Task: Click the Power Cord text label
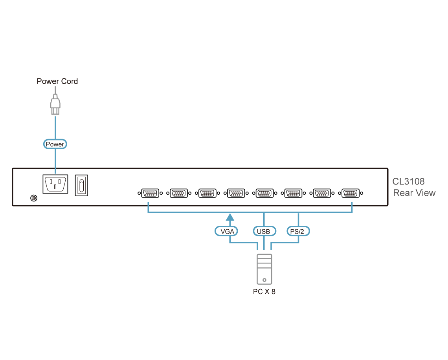click(57, 81)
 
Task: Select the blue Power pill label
click(55, 144)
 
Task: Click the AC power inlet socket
click(55, 184)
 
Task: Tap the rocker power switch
click(81, 185)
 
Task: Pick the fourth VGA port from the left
click(235, 193)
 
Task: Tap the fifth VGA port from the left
click(264, 193)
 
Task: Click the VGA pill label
click(227, 231)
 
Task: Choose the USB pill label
click(263, 231)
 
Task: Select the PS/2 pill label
click(297, 231)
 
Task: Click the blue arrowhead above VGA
click(230, 217)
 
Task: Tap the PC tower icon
click(264, 269)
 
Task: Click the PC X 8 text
click(264, 292)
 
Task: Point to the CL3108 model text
click(409, 181)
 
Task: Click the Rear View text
click(414, 193)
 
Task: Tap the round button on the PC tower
click(264, 280)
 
